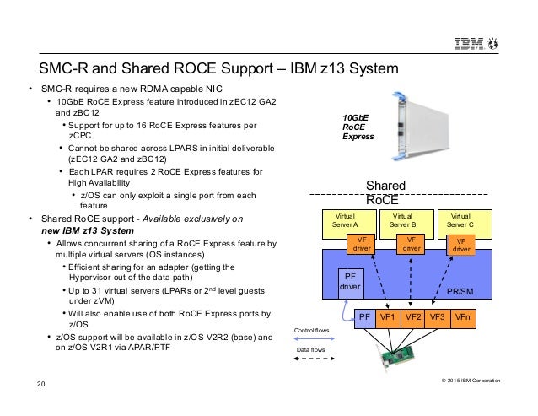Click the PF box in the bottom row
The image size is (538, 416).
click(364, 318)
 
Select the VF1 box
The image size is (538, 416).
click(389, 318)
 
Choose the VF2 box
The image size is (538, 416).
click(413, 318)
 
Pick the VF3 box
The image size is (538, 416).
click(438, 318)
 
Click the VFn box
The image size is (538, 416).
click(463, 318)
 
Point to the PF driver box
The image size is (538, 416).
click(349, 281)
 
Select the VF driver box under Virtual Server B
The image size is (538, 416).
click(412, 245)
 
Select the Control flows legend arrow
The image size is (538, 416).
click(311, 342)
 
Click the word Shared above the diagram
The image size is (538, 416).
click(385, 186)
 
